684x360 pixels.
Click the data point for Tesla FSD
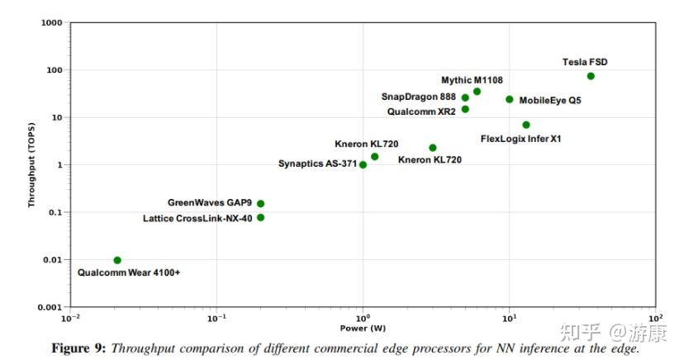(x=591, y=76)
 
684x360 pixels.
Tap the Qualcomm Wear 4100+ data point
(x=117, y=260)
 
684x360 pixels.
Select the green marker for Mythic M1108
(x=477, y=92)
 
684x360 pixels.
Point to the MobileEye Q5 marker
(x=509, y=99)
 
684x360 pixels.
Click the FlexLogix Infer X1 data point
(x=526, y=125)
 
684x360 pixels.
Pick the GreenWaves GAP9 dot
(x=260, y=203)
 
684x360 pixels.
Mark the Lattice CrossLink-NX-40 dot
(x=260, y=217)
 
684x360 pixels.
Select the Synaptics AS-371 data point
(x=363, y=164)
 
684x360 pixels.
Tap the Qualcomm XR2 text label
(x=421, y=111)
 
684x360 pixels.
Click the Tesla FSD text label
(x=585, y=62)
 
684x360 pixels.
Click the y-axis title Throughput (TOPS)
(x=32, y=165)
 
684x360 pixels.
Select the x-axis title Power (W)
(x=363, y=329)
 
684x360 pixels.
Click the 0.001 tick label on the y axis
(x=50, y=307)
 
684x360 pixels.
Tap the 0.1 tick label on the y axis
(x=55, y=212)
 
